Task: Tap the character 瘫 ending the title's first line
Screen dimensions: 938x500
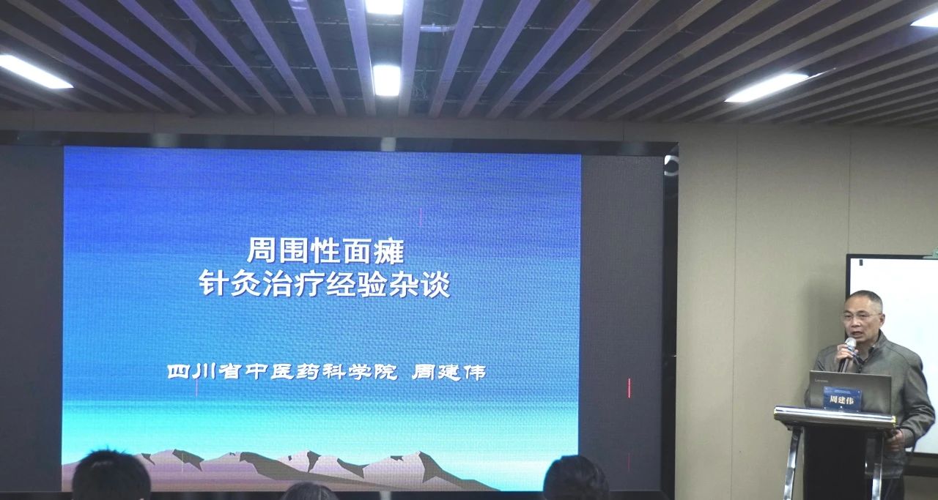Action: coord(391,250)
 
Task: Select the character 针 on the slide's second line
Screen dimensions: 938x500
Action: coord(213,283)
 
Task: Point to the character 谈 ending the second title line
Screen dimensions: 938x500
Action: coord(435,284)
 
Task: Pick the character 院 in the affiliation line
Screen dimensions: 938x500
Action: coord(385,372)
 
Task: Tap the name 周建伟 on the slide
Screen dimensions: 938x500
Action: coord(449,372)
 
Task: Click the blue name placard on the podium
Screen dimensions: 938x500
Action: coord(843,398)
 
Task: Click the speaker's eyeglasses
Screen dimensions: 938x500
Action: coord(861,317)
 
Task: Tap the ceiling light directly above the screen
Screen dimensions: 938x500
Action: coord(386,80)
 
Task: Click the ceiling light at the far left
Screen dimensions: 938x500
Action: coord(34,72)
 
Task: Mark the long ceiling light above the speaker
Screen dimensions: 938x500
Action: coord(767,87)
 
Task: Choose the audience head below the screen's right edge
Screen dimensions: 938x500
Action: coord(576,478)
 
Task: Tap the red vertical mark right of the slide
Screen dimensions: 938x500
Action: coord(629,388)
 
